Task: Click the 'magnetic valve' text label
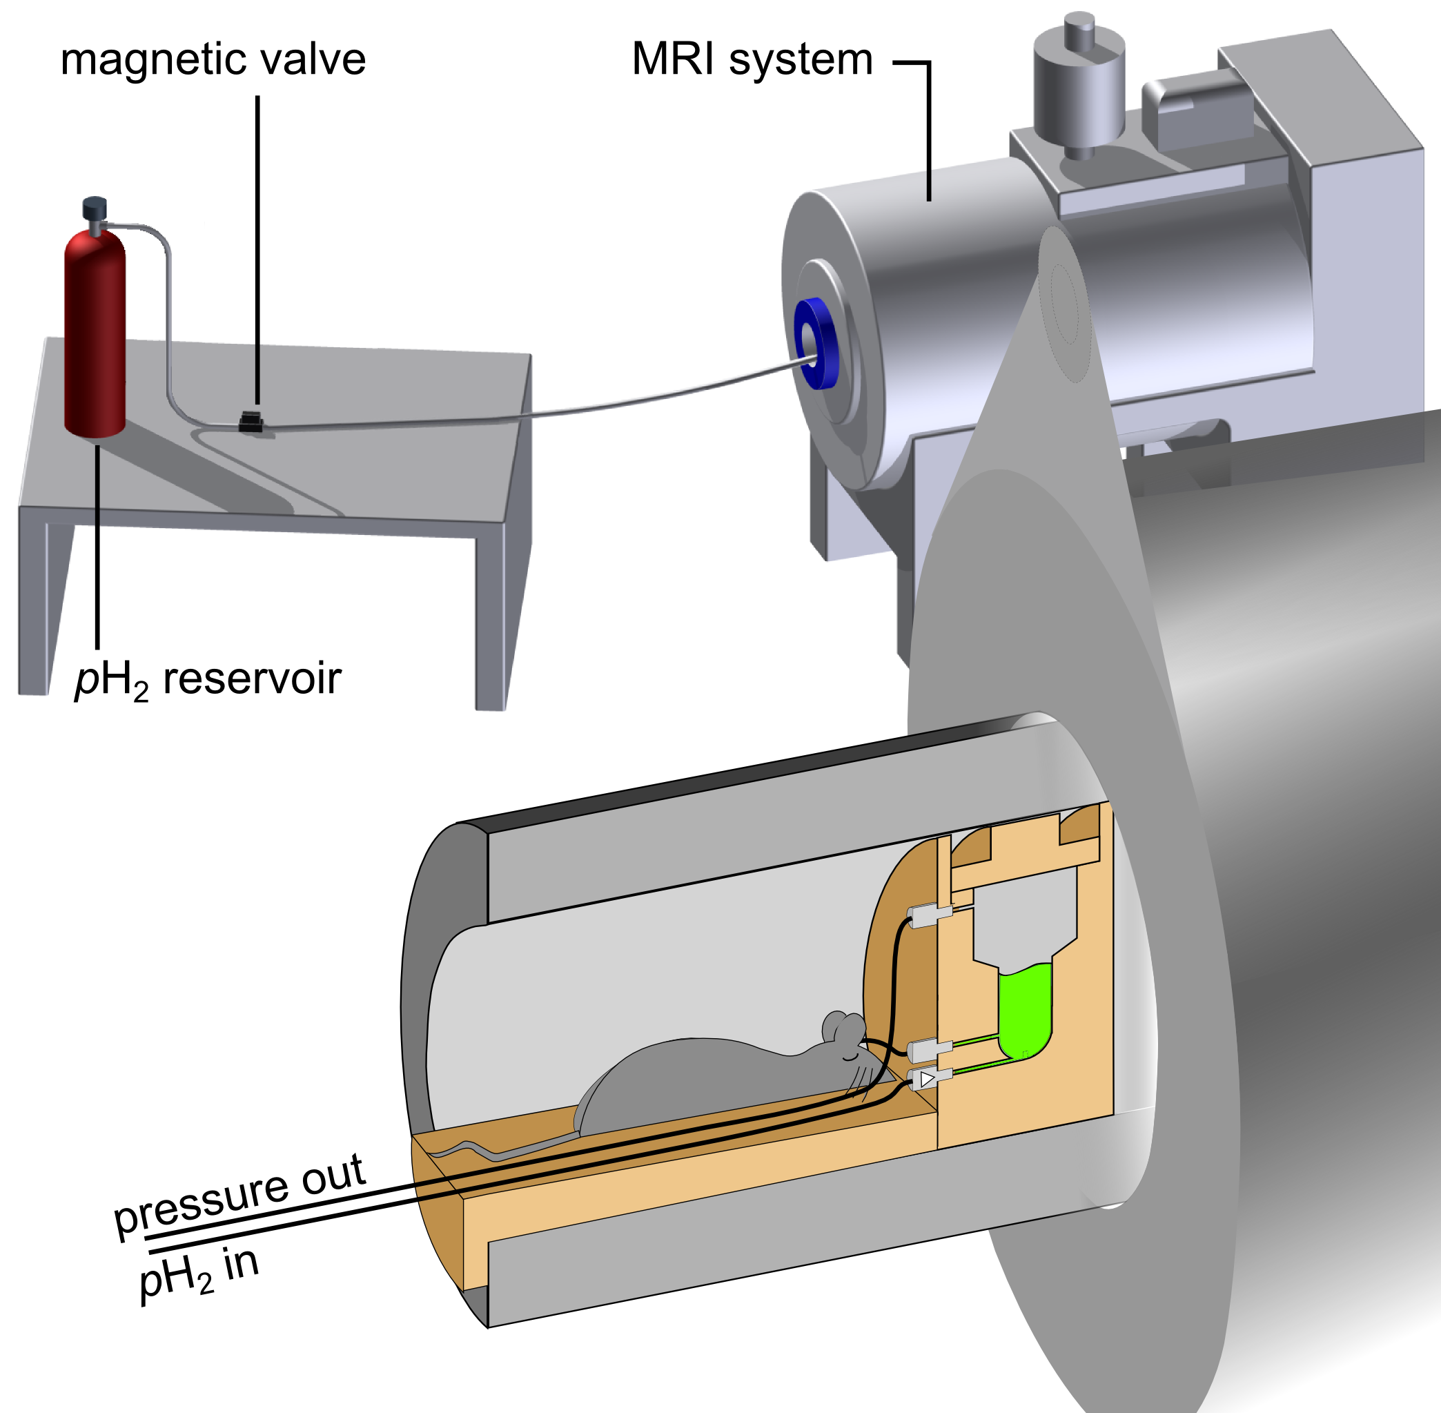[x=213, y=59]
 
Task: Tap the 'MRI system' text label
[x=752, y=59]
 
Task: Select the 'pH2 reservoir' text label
[x=208, y=680]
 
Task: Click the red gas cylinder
[x=95, y=333]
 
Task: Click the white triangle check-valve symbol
[x=928, y=1079]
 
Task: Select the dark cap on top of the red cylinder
[x=95, y=208]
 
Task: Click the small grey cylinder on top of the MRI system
[x=1079, y=86]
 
